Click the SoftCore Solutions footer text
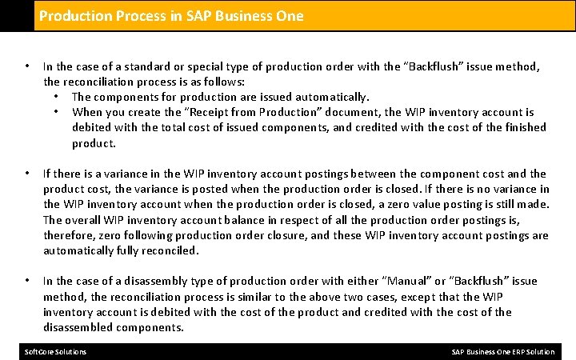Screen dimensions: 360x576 [56, 352]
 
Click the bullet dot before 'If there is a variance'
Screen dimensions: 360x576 [27, 173]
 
